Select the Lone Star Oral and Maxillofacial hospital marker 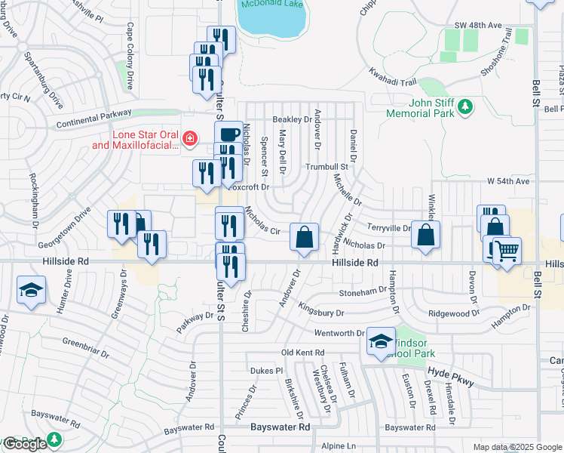(189, 138)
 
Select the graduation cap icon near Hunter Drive (31, 290)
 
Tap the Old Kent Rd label (302, 353)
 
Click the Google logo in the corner (24, 444)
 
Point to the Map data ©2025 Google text (516, 447)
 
